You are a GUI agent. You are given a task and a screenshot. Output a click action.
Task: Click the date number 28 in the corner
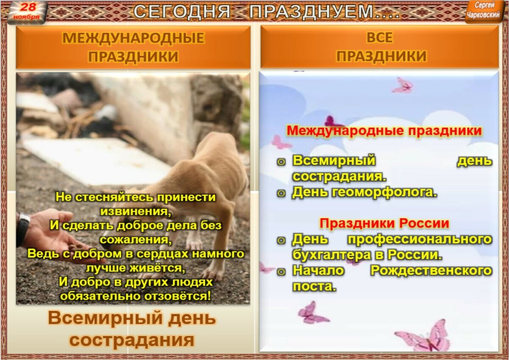pos(28,7)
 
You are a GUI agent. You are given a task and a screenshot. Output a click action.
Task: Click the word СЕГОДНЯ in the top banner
pos(182,11)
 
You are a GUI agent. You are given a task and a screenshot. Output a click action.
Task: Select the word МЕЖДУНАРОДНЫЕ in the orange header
pos(133,38)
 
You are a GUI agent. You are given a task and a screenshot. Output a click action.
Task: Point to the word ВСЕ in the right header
pos(380,38)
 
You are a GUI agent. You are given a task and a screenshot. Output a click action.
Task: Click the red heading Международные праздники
pos(384,130)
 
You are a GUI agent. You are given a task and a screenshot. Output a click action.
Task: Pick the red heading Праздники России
pos(384,223)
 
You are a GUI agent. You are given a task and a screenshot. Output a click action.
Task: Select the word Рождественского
pos(431,270)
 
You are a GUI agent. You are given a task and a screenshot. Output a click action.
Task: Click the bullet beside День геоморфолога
pos(280,193)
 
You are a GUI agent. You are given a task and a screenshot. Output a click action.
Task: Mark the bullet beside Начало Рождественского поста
pos(280,271)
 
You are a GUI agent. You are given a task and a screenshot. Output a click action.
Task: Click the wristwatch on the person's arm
pos(23,229)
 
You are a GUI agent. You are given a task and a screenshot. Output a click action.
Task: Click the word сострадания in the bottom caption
pos(132,340)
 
